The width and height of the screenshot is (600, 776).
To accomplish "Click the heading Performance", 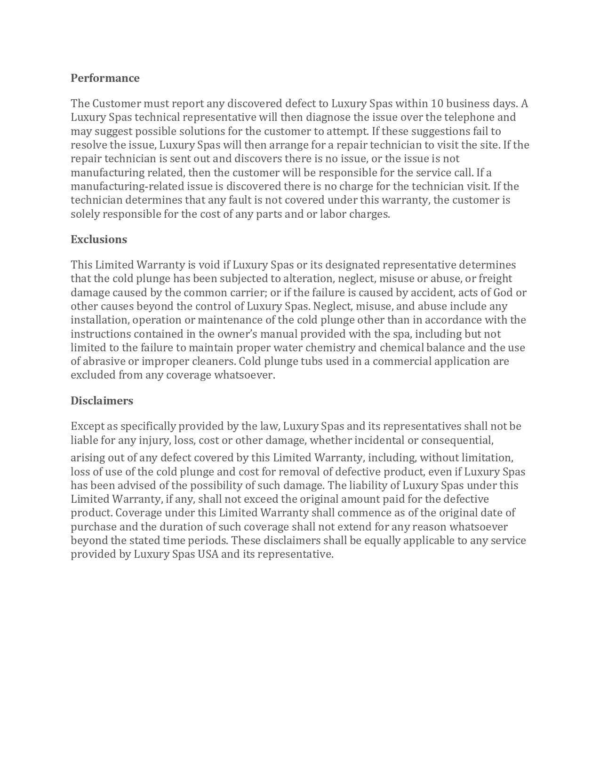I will click(105, 78).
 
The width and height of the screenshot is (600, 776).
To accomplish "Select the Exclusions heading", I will click(99, 239).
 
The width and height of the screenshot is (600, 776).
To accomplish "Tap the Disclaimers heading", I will click(102, 401).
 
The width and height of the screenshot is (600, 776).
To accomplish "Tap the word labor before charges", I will click(333, 214).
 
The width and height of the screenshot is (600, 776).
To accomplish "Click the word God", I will click(503, 293).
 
